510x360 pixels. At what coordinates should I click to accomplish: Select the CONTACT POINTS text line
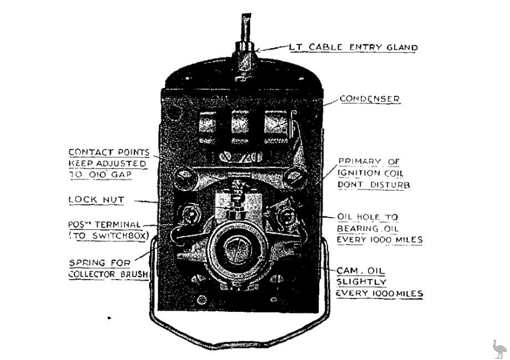[x=108, y=152]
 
